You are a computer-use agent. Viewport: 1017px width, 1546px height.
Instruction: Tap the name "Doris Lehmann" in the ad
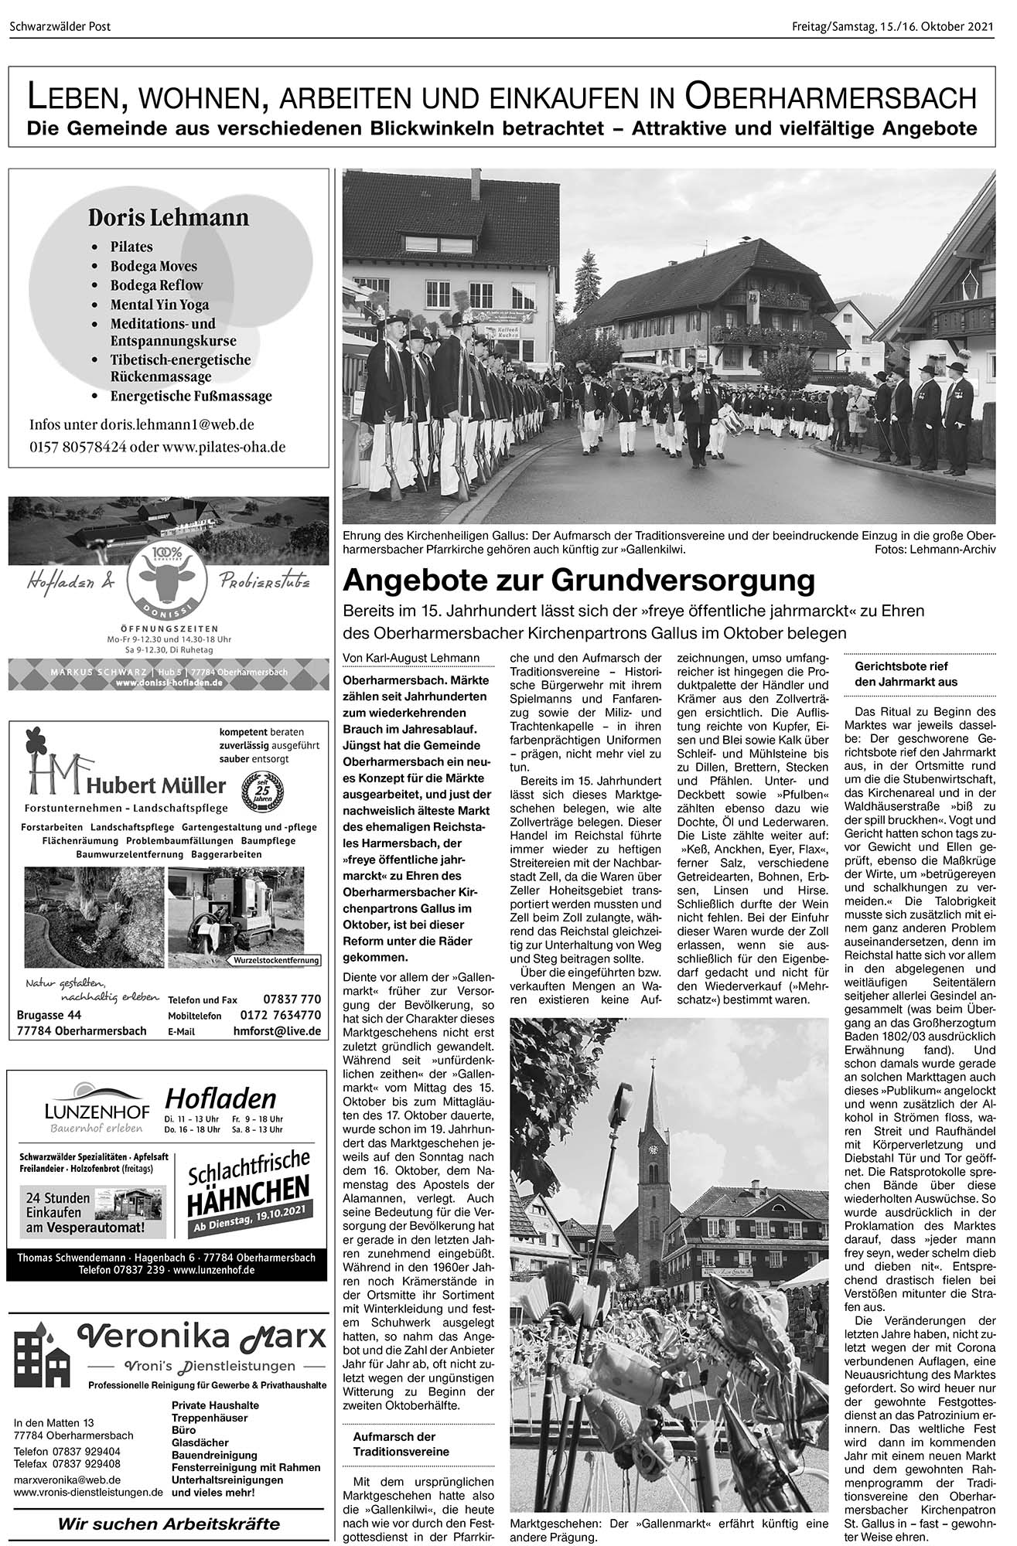coord(168,217)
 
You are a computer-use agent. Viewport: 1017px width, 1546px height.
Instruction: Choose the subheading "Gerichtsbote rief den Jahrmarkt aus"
coord(906,674)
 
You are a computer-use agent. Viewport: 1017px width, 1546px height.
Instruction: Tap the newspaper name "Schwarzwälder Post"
coord(60,27)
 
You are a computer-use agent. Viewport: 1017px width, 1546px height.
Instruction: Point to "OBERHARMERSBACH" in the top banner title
coord(830,97)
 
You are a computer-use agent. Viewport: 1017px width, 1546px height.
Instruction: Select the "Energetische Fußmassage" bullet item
coord(191,396)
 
